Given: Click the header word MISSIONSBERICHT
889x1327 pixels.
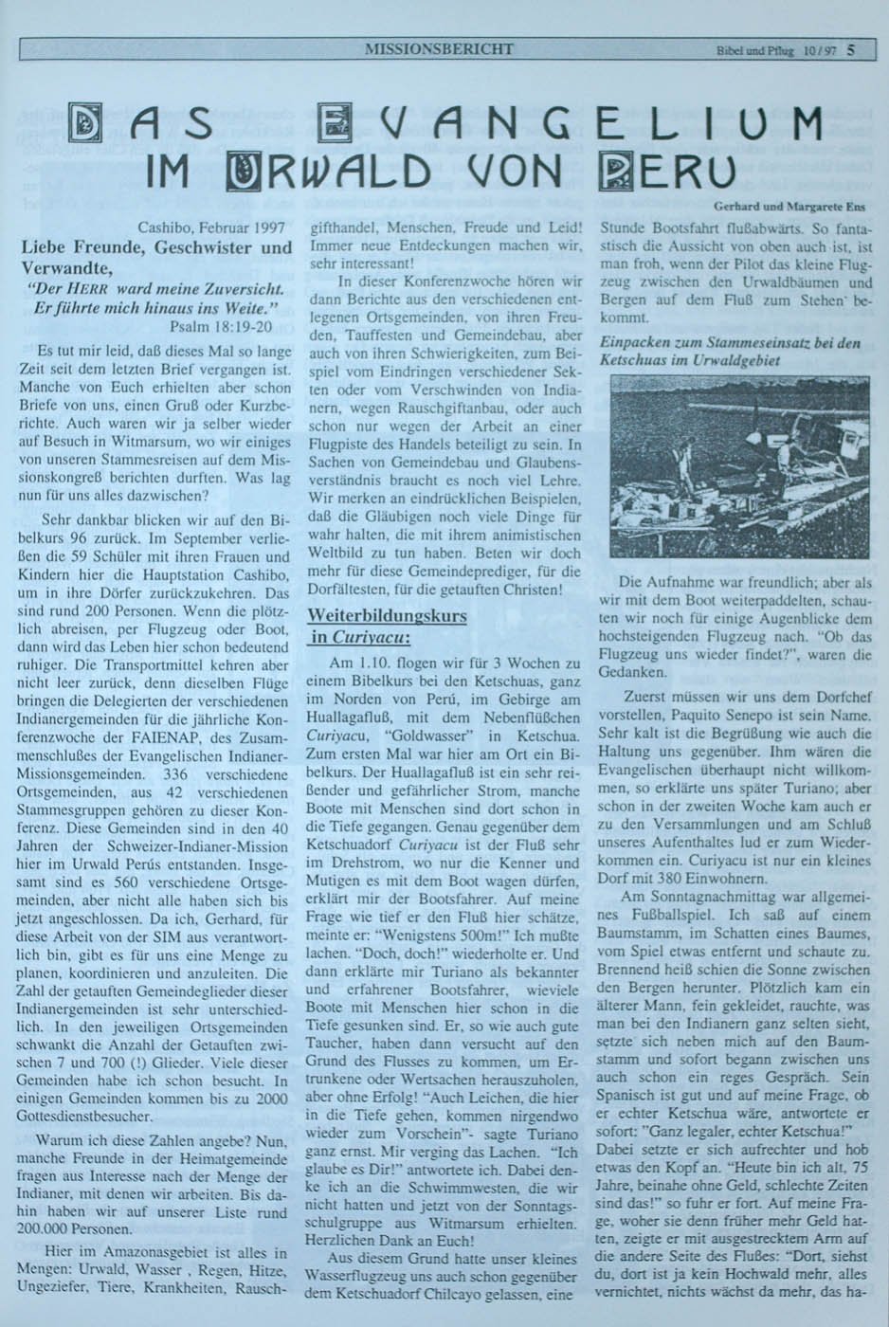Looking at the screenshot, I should tap(439, 48).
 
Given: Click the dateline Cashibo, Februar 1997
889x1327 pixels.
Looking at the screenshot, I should tap(211, 227).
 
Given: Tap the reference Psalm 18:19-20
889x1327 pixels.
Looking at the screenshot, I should tap(222, 326).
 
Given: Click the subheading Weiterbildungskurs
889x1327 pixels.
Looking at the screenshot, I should tap(387, 615).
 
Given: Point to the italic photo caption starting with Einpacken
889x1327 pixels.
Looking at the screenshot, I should tap(730, 351).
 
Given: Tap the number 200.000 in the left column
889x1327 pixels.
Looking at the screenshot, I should tap(52, 1228).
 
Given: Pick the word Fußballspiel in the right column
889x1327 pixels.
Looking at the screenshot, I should tap(662, 915).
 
